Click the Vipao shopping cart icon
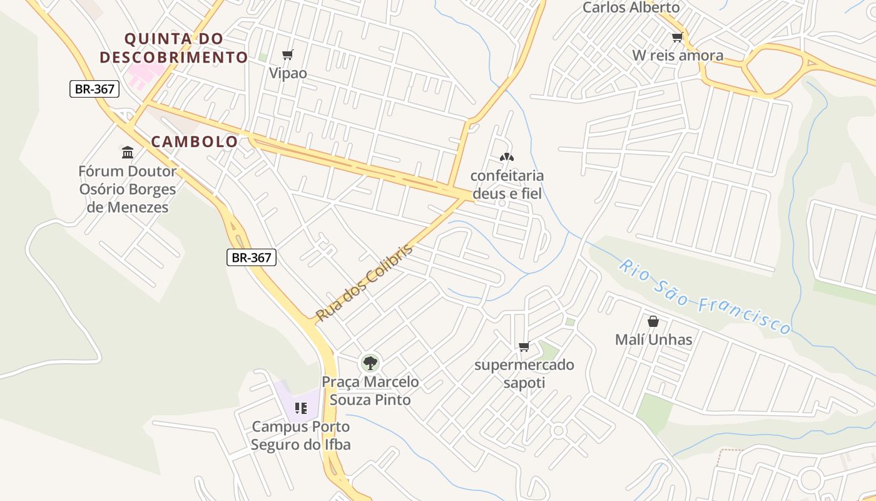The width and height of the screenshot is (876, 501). [288, 55]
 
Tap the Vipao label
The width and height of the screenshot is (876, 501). [288, 73]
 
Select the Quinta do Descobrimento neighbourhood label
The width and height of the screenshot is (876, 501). [174, 48]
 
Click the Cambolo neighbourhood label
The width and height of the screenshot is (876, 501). [195, 142]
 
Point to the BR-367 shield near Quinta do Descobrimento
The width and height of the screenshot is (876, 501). [94, 89]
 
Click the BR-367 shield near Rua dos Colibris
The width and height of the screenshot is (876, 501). [251, 257]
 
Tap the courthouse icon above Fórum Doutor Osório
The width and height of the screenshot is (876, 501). [128, 152]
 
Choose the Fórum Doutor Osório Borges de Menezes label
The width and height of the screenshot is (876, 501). [128, 189]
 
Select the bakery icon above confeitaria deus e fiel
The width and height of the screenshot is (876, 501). [506, 158]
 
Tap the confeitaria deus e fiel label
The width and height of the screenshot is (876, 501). [507, 185]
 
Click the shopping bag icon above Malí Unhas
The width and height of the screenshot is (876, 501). [653, 321]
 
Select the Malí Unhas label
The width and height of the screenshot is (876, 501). [654, 340]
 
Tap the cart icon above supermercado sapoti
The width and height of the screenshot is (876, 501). [524, 346]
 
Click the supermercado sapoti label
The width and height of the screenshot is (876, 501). [524, 374]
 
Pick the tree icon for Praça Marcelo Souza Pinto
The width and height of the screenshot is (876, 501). [370, 363]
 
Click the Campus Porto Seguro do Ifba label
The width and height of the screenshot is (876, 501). [301, 436]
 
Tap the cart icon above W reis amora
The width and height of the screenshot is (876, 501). [677, 38]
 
